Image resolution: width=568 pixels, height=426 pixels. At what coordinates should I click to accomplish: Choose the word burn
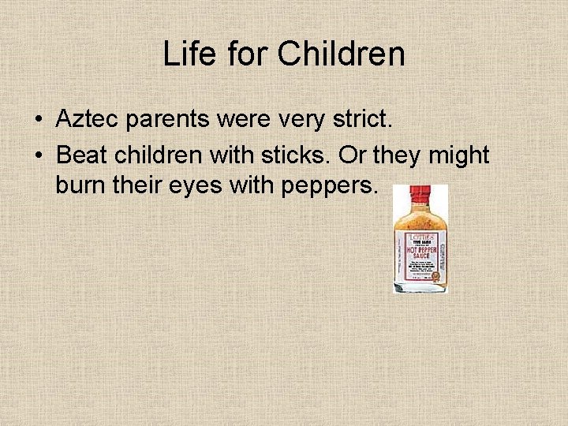pyautogui.click(x=80, y=189)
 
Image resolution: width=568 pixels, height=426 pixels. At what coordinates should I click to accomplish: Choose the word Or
pyautogui.click(x=353, y=155)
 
